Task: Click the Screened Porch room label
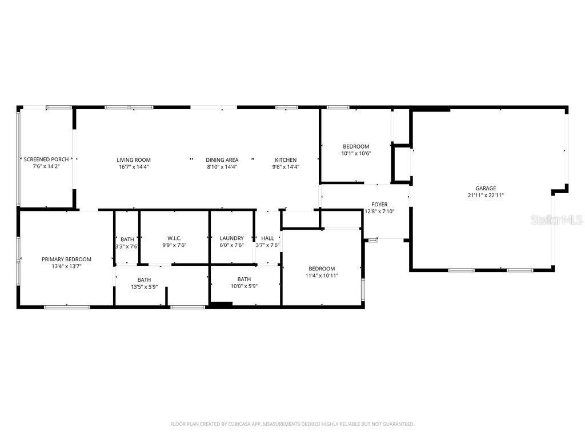coord(46,159)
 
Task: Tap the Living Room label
coord(134,160)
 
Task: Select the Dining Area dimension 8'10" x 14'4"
coord(222,167)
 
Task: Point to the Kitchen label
coord(286,160)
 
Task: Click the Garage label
coord(486,188)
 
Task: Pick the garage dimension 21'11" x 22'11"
coord(486,195)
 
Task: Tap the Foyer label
coord(379,204)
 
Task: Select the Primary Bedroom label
coord(66,259)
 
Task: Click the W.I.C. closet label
coord(174,238)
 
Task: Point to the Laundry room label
coord(231,238)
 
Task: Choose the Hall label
coord(267,238)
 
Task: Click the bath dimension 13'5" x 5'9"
coord(144,286)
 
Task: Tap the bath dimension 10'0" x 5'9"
coord(244,286)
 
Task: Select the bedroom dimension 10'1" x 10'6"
coord(356,153)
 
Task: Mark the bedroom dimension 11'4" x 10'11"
coord(322,276)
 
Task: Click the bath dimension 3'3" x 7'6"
coord(127,246)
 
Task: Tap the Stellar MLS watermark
coord(556,220)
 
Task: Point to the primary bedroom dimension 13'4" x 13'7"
coord(66,266)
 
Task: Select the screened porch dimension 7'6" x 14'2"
coord(46,166)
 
